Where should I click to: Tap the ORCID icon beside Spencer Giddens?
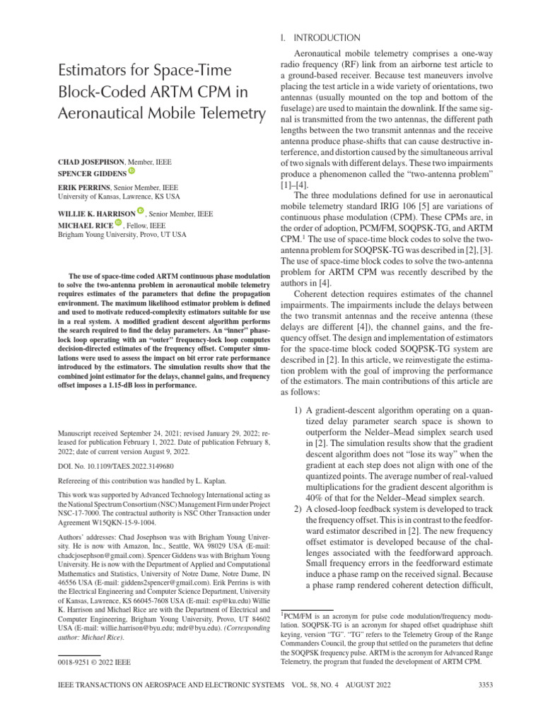[x=131, y=172]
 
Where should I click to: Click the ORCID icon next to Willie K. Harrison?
[x=141, y=211]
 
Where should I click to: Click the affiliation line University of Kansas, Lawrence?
[x=119, y=196]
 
